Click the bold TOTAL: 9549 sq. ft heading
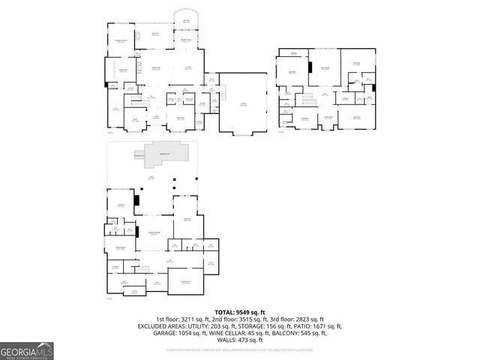click(x=240, y=312)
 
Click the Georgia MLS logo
click(x=27, y=350)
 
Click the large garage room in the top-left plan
click(x=243, y=105)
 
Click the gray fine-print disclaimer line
click(x=240, y=349)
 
